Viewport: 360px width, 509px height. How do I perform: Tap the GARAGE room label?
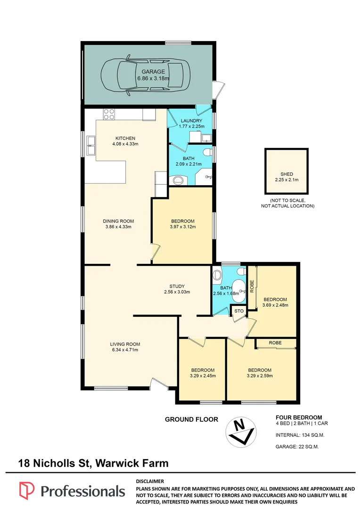pyautogui.click(x=153, y=72)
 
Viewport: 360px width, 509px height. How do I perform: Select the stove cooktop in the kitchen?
pyautogui.click(x=109, y=114)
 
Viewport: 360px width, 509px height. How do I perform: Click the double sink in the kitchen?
pyautogui.click(x=90, y=145)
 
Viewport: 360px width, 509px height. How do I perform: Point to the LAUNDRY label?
pyautogui.click(x=191, y=121)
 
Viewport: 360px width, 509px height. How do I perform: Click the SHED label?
pyautogui.click(x=286, y=174)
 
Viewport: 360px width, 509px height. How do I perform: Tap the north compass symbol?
pyautogui.click(x=241, y=432)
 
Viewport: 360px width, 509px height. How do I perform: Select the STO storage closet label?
pyautogui.click(x=239, y=311)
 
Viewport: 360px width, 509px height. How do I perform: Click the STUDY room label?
pyautogui.click(x=177, y=287)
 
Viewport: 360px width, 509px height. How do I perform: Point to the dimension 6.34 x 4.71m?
pyautogui.click(x=125, y=350)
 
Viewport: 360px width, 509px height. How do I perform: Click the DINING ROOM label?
pyautogui.click(x=118, y=222)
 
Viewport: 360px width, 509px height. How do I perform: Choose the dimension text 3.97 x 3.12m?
pyautogui.click(x=183, y=227)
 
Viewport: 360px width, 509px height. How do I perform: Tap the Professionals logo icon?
pyautogui.click(x=27, y=491)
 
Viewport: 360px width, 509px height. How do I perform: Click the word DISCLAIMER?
pyautogui.click(x=150, y=481)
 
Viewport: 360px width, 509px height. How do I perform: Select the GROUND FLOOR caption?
pyautogui.click(x=191, y=419)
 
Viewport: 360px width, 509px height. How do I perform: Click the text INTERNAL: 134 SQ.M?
pyautogui.click(x=300, y=435)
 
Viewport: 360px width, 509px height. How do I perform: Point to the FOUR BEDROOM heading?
pyautogui.click(x=299, y=418)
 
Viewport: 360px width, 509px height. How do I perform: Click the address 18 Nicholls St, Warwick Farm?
pyautogui.click(x=93, y=463)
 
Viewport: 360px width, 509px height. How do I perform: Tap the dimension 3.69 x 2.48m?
pyautogui.click(x=275, y=305)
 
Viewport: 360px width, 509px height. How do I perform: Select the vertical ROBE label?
pyautogui.click(x=252, y=287)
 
